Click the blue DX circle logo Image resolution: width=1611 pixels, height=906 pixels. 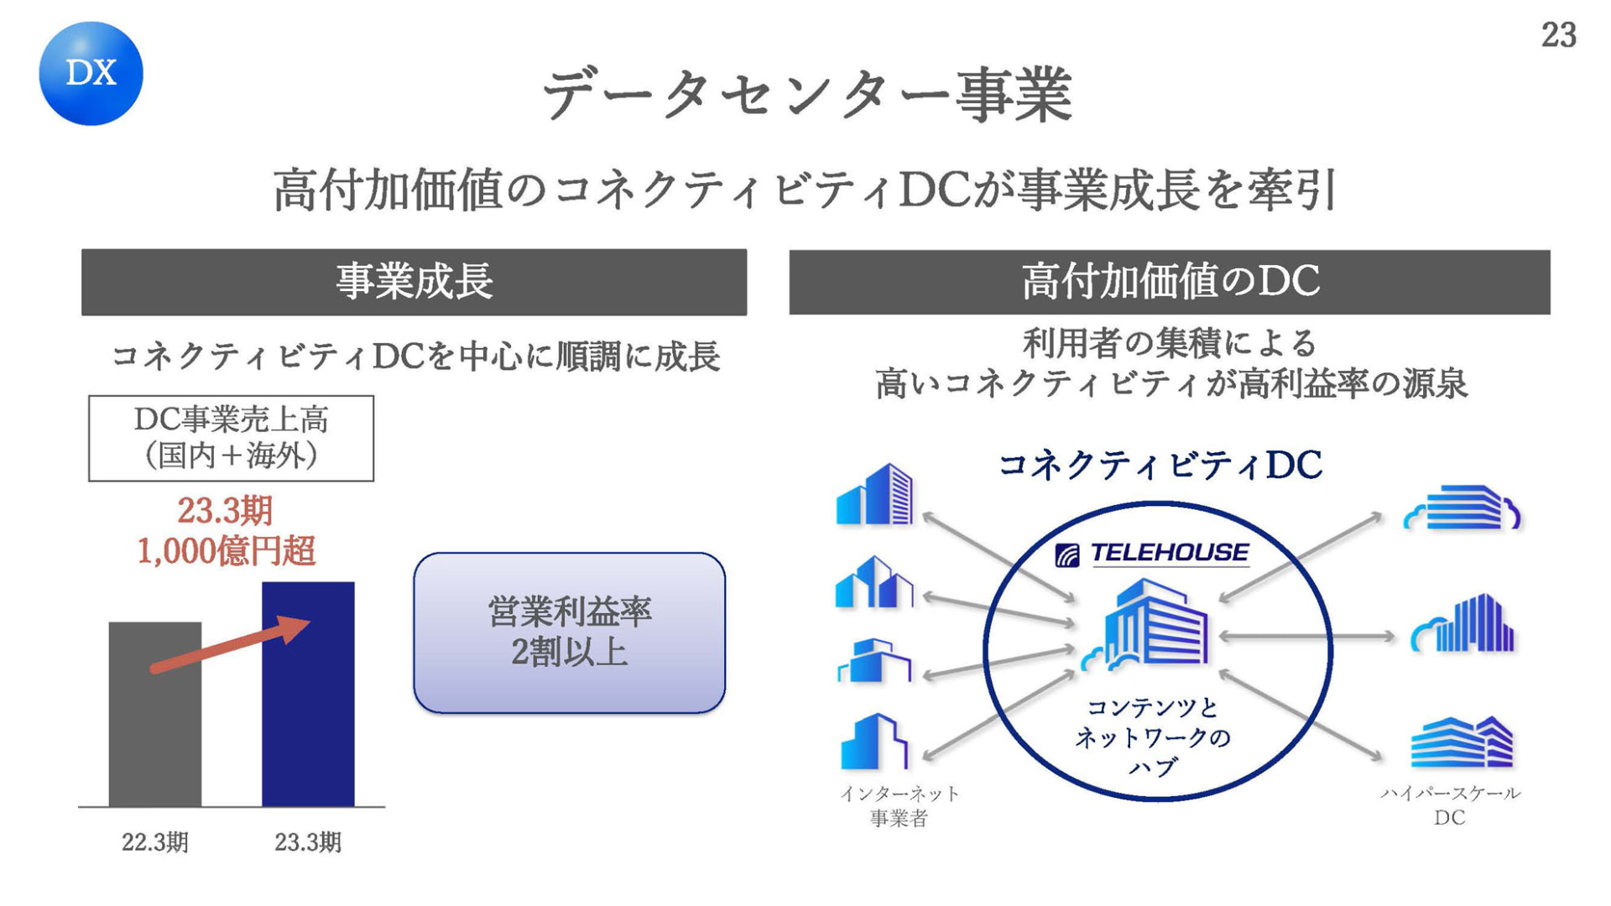click(91, 74)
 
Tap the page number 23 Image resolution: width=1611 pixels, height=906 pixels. click(1558, 35)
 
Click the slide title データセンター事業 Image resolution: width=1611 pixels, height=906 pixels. click(807, 95)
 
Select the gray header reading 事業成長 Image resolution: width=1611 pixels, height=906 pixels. click(414, 282)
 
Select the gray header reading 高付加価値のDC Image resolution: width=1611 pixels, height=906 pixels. click(1170, 282)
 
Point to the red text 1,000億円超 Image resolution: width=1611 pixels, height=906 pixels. click(226, 551)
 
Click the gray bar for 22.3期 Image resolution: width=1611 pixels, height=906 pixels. click(155, 714)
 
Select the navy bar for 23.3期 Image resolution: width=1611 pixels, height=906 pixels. click(308, 694)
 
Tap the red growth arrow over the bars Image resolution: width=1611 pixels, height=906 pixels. click(230, 644)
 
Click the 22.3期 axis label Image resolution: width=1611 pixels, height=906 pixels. click(155, 842)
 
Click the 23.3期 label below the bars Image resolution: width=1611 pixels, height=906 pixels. click(308, 842)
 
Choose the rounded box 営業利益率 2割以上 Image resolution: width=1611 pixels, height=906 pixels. click(569, 633)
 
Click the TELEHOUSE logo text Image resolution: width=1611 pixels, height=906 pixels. click(1169, 553)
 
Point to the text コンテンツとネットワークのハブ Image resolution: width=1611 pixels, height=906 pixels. click(1153, 737)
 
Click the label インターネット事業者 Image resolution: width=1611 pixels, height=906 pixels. click(899, 805)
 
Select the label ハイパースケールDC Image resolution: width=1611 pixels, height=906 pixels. click(1450, 805)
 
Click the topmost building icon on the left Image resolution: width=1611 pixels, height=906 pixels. click(874, 495)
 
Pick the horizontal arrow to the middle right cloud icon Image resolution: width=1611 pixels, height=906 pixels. click(1306, 637)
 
